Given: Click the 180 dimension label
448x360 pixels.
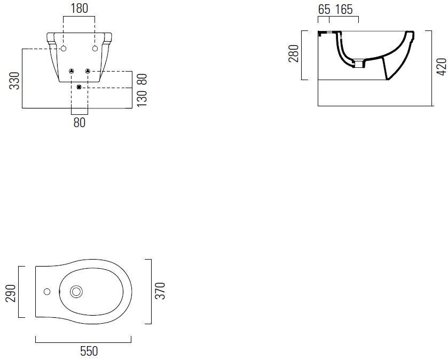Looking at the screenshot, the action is [x=80, y=9].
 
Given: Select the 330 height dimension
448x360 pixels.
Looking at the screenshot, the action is [x=14, y=81].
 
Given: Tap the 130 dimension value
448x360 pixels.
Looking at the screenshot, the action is [x=142, y=98].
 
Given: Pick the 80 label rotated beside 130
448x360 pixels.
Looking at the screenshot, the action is [x=142, y=79].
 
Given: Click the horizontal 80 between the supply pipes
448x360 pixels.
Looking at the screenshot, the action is [x=80, y=122].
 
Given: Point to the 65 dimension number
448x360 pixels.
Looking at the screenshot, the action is [x=324, y=10].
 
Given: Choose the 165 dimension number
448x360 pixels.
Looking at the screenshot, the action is [x=344, y=10].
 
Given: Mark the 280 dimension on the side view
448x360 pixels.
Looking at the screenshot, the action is [x=294, y=53].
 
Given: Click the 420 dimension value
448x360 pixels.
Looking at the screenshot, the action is [x=442, y=67].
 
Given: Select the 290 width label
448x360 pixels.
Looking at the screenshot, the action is [x=11, y=293].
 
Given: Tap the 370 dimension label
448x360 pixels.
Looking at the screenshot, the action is [x=161, y=291].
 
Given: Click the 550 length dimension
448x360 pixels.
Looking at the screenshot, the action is [x=89, y=351].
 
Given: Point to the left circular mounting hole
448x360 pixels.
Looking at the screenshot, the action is [x=64, y=49].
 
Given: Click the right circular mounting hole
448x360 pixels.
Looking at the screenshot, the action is [x=95, y=49].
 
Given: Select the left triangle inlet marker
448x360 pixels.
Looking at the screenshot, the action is [x=72, y=71].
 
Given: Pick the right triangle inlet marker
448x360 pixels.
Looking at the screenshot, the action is [x=88, y=71].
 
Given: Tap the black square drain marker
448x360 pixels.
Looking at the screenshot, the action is [x=79, y=87].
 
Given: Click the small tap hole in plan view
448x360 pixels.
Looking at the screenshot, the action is [x=47, y=292].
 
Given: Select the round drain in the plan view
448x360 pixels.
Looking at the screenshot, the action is [x=76, y=292].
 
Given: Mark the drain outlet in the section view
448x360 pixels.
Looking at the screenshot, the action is [x=359, y=64].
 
